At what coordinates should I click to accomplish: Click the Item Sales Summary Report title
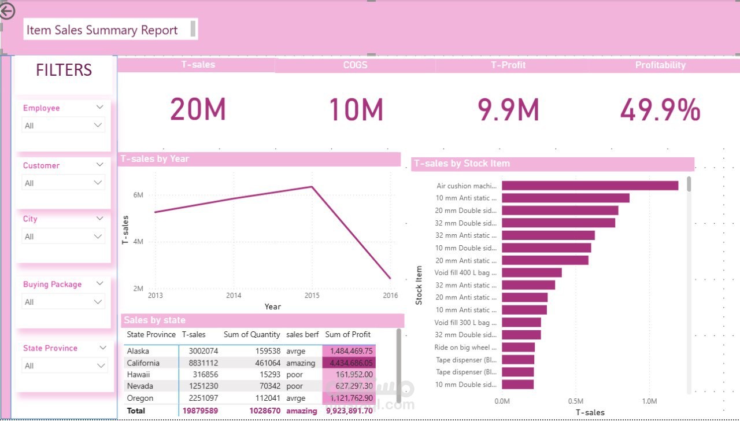pyautogui.click(x=102, y=30)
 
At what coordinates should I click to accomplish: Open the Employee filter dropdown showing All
pyautogui.click(x=63, y=125)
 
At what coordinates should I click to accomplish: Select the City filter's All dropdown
pyautogui.click(x=63, y=236)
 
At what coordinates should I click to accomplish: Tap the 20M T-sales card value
pyautogui.click(x=198, y=109)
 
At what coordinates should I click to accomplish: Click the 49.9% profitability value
pyautogui.click(x=660, y=109)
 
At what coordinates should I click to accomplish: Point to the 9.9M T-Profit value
pyautogui.click(x=508, y=109)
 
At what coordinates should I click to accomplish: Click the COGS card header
pyautogui.click(x=355, y=65)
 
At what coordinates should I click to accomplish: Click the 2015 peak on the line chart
pyautogui.click(x=312, y=187)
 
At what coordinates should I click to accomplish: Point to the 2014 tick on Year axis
pyautogui.click(x=234, y=296)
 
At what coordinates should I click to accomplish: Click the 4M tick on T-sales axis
pyautogui.click(x=138, y=242)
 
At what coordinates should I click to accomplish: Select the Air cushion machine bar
pyautogui.click(x=590, y=186)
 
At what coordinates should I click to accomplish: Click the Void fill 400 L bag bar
pyautogui.click(x=531, y=272)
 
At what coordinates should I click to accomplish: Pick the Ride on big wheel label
pyautogui.click(x=465, y=348)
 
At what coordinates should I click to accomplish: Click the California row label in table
pyautogui.click(x=144, y=363)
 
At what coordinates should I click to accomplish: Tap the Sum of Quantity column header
pyautogui.click(x=251, y=334)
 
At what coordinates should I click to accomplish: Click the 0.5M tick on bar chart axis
pyautogui.click(x=576, y=401)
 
